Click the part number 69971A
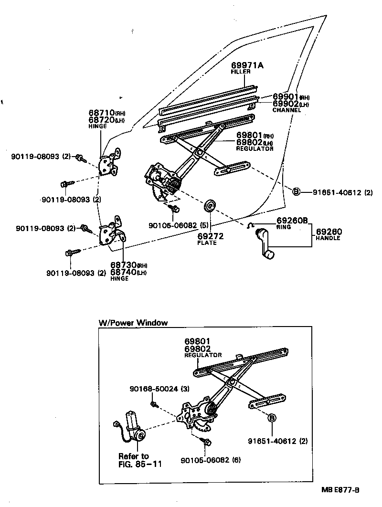click(247, 65)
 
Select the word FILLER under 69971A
click(241, 72)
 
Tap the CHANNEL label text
click(286, 110)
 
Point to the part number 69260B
click(292, 220)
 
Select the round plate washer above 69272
click(209, 206)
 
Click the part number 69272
click(211, 236)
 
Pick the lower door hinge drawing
click(111, 232)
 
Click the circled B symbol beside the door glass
click(296, 192)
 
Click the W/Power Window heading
click(133, 323)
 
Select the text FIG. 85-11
click(140, 464)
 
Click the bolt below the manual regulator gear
click(175, 209)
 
